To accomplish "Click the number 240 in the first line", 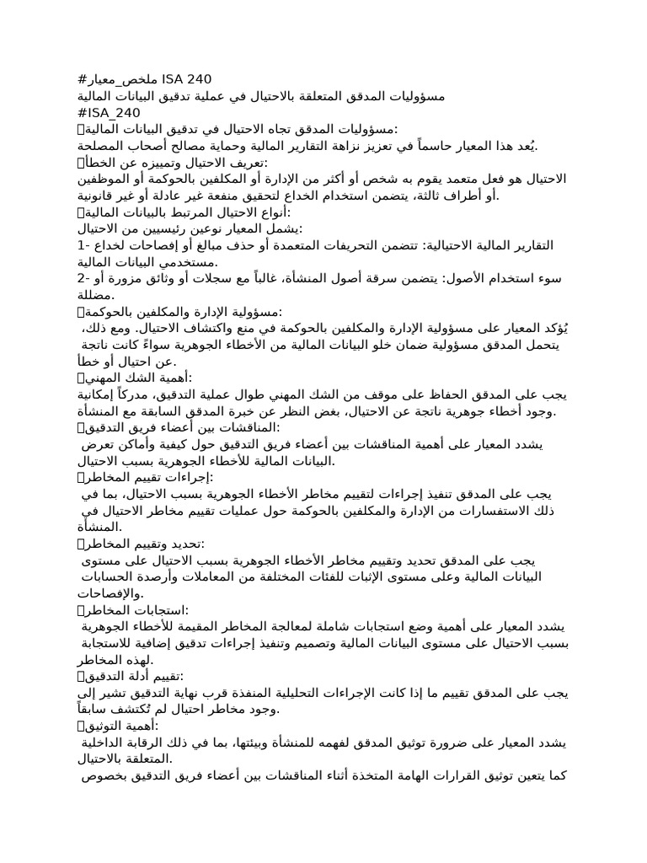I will [195, 80].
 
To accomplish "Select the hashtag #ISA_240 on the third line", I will [109, 112].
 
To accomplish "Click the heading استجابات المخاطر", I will [135, 609].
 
